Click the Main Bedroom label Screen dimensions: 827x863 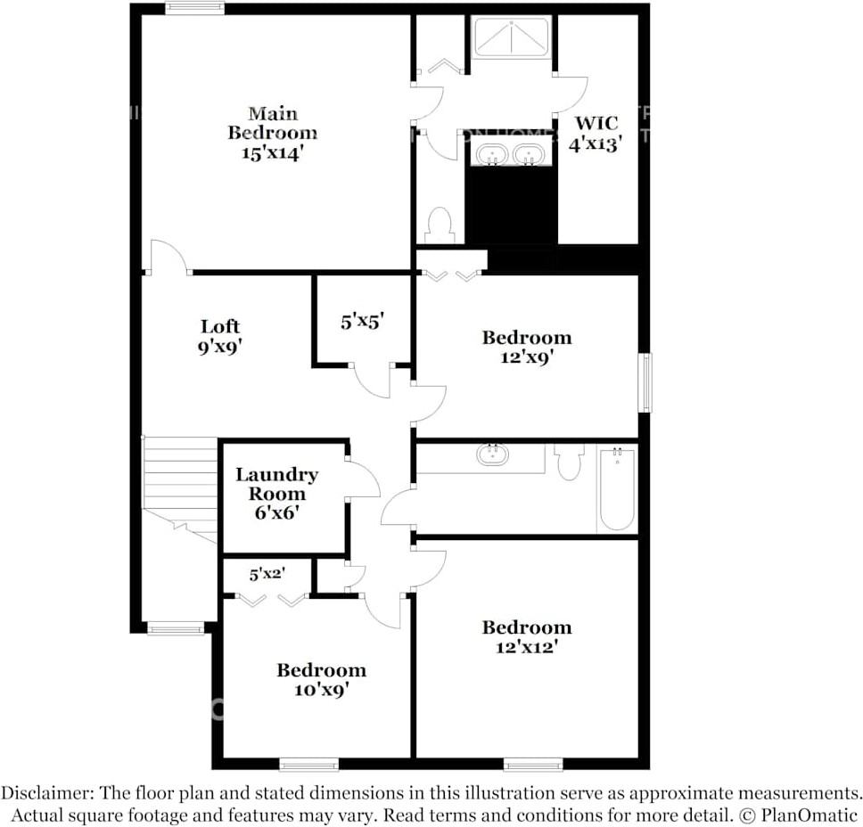tap(272, 133)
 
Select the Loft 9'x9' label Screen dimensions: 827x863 tap(219, 336)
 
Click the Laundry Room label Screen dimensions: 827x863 tap(276, 493)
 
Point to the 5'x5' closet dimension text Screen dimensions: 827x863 tap(362, 322)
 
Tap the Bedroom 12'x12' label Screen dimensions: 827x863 tap(526, 637)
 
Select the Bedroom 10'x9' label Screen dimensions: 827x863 tap(321, 679)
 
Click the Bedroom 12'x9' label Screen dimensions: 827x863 tap(526, 347)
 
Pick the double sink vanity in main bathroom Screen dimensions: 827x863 tap(511, 155)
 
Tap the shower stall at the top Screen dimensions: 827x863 tap(511, 37)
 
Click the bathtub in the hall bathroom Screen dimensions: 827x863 tap(616, 489)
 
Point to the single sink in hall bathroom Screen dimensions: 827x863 tap(491, 455)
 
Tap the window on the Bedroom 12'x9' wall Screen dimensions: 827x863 tap(644, 382)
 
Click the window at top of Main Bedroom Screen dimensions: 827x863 tap(194, 9)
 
